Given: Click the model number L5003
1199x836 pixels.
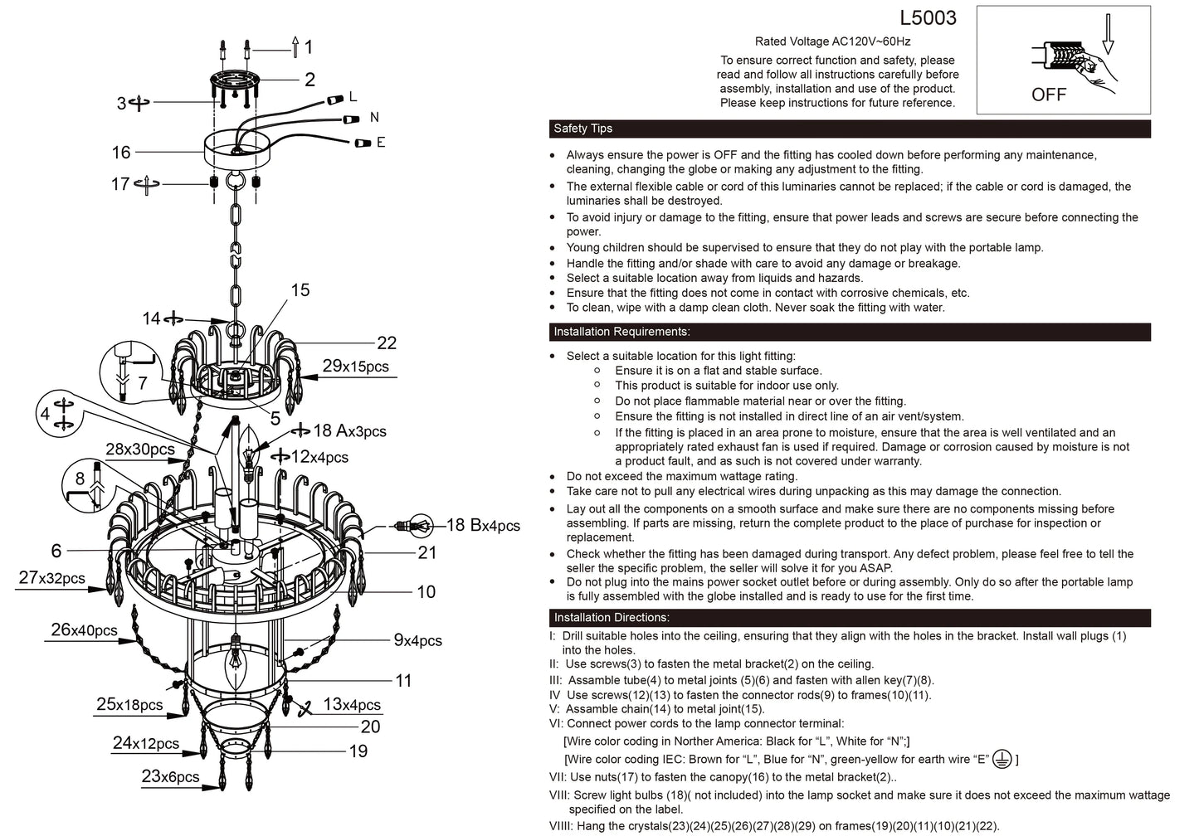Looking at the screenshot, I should [928, 18].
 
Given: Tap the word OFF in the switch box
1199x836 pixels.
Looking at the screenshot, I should [1048, 95].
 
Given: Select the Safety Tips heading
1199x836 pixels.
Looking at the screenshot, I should [582, 129].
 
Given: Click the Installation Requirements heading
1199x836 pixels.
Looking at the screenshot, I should [621, 332].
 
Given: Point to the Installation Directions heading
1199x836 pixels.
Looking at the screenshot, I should [612, 618].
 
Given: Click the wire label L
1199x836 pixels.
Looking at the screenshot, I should [353, 97].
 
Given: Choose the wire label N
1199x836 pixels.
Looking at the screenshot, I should [374, 118].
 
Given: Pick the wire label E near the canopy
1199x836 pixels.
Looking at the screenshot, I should [381, 143].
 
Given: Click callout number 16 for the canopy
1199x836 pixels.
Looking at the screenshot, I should [121, 153].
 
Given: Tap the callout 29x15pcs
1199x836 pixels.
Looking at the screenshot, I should [355, 367].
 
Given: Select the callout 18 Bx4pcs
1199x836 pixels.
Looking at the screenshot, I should [483, 525].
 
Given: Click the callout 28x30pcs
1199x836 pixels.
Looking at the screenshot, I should [140, 450].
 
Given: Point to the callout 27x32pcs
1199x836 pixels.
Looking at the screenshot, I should [51, 578].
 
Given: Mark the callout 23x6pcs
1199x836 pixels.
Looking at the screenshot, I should [170, 776].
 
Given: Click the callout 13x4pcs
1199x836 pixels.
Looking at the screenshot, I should [351, 705].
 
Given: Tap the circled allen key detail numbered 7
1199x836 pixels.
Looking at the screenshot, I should [129, 370].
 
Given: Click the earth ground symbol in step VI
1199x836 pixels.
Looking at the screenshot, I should [1002, 759].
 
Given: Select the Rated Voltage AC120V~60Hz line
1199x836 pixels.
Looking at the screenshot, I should [832, 41].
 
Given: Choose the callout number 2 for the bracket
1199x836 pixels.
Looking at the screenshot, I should [309, 80].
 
